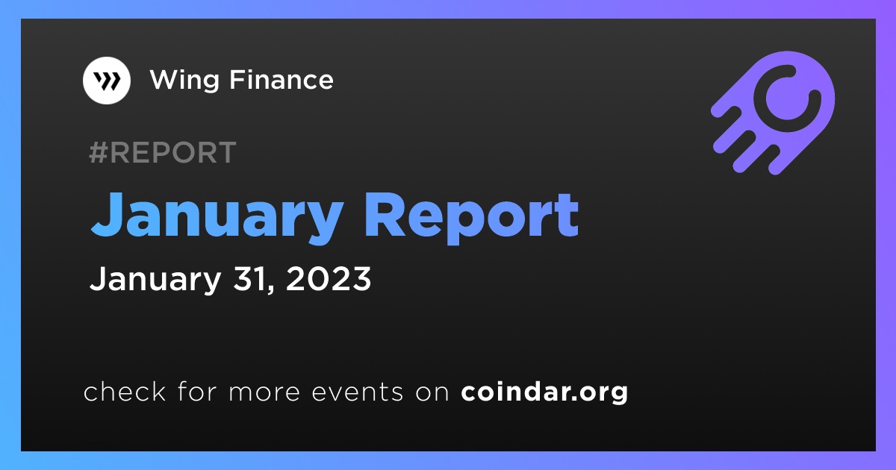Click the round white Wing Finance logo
pos(106,81)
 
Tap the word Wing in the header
pos(185,81)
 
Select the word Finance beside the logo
pos(281,80)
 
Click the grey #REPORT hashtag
pos(163,152)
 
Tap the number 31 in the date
pos(249,278)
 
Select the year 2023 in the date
pos(329,278)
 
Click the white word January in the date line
pos(155,281)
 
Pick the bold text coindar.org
pos(544,392)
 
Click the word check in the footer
pos(125,391)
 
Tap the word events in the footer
pos(358,392)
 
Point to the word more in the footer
pos(264,393)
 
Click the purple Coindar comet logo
pos(773,113)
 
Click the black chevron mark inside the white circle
pos(107,81)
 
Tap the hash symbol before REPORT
pos(98,152)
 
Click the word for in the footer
pos(197,391)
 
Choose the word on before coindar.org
pos(432,393)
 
